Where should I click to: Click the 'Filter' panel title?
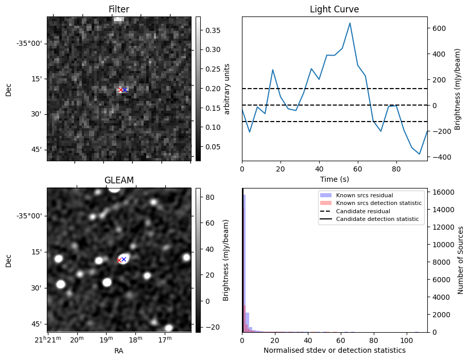pos(118,9)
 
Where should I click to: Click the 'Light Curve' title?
pos(334,9)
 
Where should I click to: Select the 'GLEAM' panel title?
pos(118,180)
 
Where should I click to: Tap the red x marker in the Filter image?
pos(120,90)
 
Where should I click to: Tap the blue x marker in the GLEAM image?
pos(124,259)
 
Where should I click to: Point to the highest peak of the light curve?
pos(350,23)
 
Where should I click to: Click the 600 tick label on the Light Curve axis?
pos(438,28)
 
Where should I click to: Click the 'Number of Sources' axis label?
pos(461,260)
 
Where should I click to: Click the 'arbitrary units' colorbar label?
pos(227,89)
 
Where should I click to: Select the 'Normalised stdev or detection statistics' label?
pos(334,350)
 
